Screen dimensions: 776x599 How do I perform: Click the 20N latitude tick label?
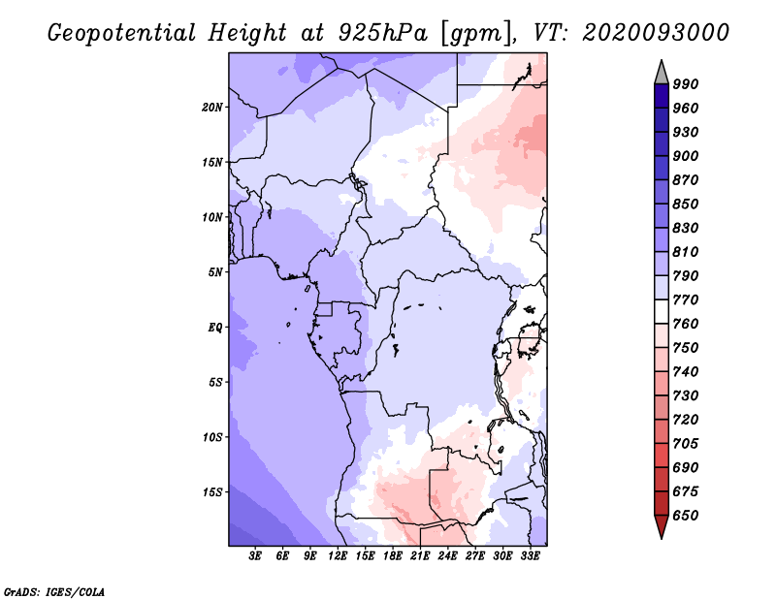point(212,108)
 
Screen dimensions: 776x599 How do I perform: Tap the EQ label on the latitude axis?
point(215,328)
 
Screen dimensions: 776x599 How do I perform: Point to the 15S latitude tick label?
point(212,492)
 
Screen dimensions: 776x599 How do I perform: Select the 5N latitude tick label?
point(215,272)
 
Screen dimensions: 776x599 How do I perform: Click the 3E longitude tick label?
point(255,556)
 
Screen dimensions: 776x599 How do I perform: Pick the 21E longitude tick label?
point(420,556)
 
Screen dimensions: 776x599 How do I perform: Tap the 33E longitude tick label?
point(530,556)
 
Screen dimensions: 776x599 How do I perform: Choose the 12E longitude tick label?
point(337,556)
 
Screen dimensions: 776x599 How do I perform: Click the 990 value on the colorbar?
point(686,84)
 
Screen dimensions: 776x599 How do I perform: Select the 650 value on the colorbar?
point(686,516)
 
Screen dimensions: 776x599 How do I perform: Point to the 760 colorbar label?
point(686,324)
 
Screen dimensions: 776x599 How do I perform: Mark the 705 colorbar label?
point(686,444)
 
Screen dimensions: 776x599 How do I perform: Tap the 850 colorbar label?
point(686,204)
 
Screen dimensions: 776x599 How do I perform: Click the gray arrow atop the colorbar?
point(662,74)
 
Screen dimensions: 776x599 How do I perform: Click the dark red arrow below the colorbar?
point(662,525)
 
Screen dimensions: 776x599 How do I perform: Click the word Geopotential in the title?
point(122,34)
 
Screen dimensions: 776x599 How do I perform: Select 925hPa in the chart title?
point(382,33)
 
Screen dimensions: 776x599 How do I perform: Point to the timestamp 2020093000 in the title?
point(656,33)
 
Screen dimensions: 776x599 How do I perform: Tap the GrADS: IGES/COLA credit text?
point(54,592)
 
